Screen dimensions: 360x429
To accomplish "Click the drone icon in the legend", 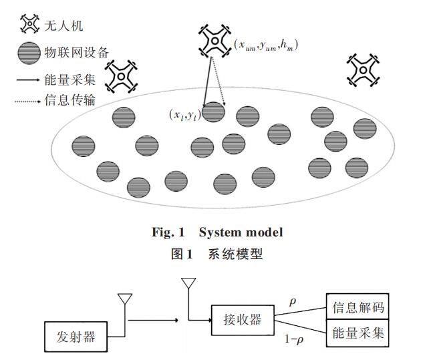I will point(29,24).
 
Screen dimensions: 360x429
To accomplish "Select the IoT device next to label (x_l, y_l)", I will point(213,112).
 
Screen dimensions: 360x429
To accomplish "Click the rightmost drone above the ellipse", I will point(362,69).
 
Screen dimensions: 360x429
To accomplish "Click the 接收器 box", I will point(236,319).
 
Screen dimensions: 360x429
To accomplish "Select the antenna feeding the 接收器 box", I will point(186,287).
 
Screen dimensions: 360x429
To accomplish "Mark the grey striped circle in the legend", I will point(29,52).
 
